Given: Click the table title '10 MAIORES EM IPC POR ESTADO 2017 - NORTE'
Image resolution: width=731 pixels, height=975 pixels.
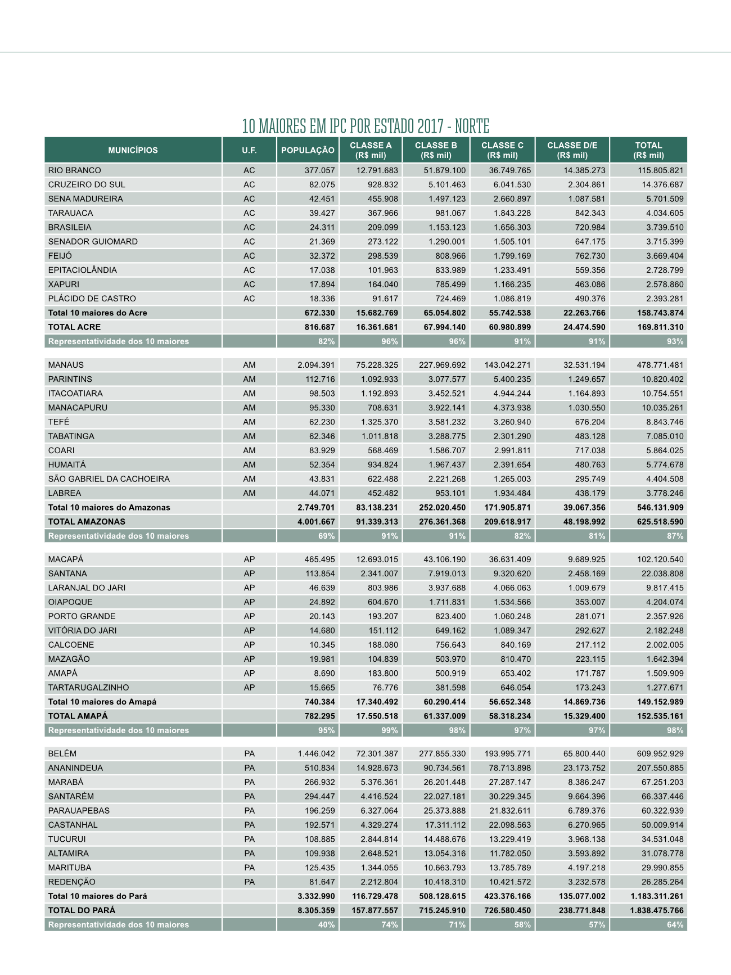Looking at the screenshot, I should [365, 126].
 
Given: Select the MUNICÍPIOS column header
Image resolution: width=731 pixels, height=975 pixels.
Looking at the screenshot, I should [133, 150].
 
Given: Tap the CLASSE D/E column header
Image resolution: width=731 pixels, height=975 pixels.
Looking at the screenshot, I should [572, 150].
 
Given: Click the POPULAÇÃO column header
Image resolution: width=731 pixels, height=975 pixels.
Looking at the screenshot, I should [308, 150].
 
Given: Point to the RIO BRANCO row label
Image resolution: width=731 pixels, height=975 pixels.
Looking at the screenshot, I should [75, 170].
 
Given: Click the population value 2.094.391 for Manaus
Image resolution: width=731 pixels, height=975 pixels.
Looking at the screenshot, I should [316, 365].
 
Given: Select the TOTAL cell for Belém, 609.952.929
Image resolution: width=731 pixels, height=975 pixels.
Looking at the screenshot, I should [657, 754].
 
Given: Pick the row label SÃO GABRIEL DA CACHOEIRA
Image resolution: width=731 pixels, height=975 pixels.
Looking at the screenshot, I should [109, 479].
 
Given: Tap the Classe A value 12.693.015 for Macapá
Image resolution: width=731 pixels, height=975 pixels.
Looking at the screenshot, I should [377, 559].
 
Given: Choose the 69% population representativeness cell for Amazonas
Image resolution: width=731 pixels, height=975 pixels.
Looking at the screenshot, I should [326, 536].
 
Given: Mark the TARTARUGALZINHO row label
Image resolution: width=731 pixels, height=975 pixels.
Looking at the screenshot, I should [88, 688].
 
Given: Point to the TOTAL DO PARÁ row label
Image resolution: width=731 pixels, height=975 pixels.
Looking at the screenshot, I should [82, 910].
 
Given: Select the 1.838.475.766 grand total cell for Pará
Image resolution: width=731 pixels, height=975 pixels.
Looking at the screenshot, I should [657, 910].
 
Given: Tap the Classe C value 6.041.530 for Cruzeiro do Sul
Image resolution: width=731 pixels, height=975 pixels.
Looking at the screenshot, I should [509, 184].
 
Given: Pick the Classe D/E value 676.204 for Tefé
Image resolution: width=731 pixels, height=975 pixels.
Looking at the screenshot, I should [590, 422].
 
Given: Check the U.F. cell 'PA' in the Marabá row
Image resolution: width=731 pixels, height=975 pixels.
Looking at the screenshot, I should [249, 782].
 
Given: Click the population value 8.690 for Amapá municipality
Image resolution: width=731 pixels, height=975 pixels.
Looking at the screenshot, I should [323, 673].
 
